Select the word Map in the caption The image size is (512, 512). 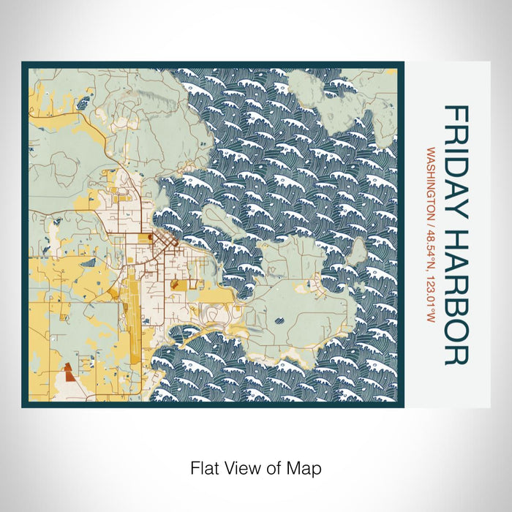306,467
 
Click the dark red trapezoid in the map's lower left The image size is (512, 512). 67,373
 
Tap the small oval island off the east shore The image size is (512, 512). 358,252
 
